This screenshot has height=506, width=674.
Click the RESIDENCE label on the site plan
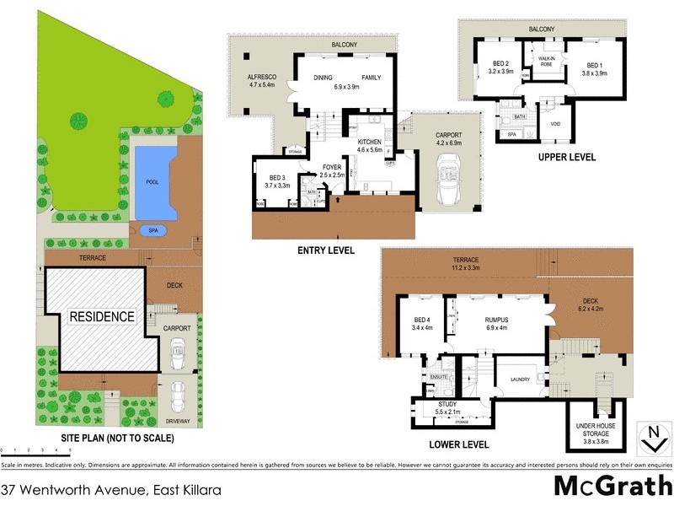click(x=101, y=317)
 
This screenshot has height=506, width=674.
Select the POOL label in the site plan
click(x=152, y=181)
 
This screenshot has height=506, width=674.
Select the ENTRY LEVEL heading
click(x=325, y=250)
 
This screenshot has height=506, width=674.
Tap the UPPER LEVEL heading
click(x=566, y=157)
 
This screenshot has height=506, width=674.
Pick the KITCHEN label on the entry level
click(x=370, y=143)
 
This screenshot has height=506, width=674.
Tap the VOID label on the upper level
click(x=554, y=124)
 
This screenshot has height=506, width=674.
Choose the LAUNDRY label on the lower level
click(x=520, y=379)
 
